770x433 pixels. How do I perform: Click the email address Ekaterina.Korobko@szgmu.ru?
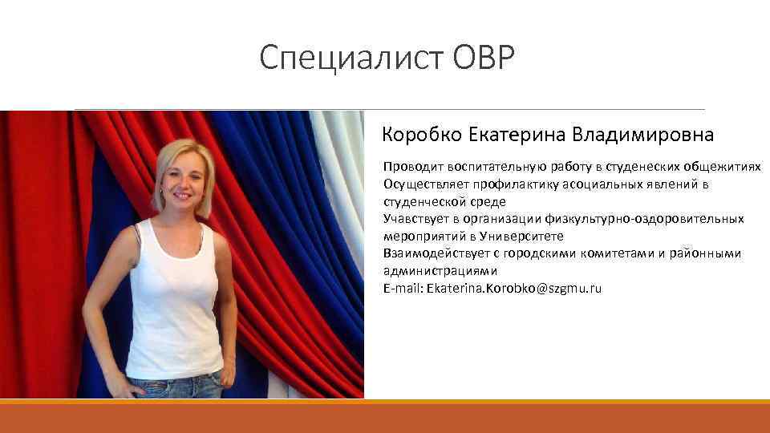[x=514, y=288]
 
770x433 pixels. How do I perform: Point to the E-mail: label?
[x=403, y=288]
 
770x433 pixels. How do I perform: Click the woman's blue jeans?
[x=175, y=387]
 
